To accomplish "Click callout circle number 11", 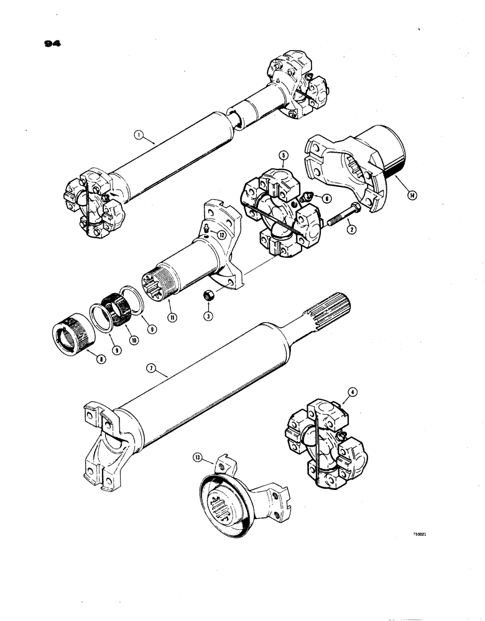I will coord(172,317).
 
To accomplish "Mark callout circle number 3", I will coord(209,316).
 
